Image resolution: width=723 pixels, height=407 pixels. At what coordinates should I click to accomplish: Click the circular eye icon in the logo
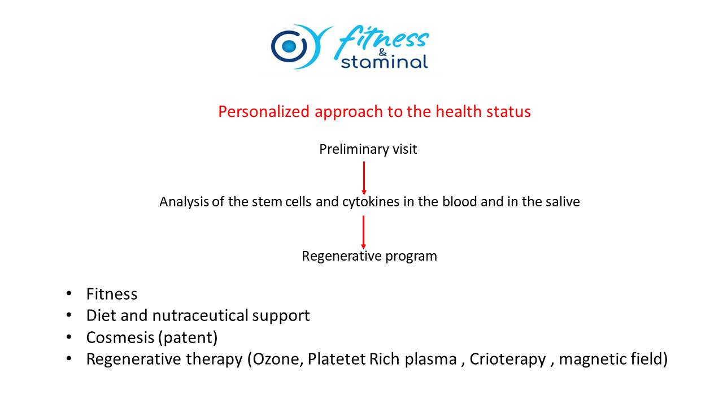coord(289,46)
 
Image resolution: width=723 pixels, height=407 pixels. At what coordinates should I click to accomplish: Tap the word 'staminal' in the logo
coord(385,62)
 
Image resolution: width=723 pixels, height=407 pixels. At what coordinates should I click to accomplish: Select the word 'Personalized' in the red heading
coord(264,112)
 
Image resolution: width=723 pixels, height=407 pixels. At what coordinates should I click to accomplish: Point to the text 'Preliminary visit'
coord(368,150)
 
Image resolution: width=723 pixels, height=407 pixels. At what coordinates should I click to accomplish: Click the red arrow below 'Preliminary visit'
coord(364,178)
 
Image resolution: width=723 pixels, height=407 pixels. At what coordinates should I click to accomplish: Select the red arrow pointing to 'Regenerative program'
coord(363,232)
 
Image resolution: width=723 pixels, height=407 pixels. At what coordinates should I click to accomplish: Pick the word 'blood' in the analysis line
coord(460,202)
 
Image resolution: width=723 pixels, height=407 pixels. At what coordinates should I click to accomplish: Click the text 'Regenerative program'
coord(369,257)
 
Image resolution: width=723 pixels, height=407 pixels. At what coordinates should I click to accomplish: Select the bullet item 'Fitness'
coord(112,294)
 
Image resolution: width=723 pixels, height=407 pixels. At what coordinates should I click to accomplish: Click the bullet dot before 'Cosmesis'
coord(69,337)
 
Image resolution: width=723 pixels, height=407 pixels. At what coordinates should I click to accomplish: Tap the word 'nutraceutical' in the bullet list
coord(200,315)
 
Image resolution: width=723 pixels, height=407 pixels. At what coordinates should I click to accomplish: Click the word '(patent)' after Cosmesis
coord(188,338)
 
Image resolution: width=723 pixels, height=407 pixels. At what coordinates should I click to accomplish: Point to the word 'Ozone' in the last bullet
coord(278,359)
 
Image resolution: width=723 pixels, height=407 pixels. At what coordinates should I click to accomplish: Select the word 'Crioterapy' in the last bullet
coord(507,360)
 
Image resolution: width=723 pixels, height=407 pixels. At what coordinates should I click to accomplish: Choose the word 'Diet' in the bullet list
coord(101,315)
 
